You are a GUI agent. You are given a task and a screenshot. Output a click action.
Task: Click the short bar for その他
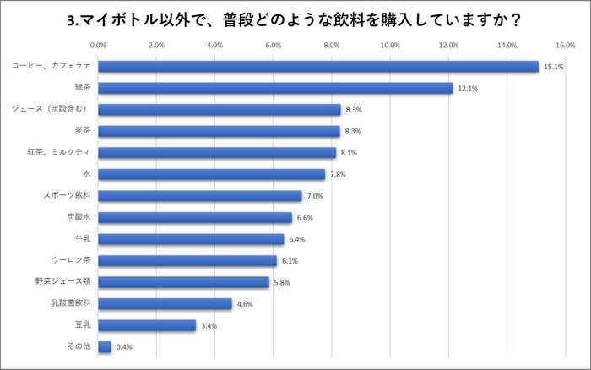(105, 346)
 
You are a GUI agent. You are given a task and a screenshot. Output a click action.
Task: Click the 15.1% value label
(552, 67)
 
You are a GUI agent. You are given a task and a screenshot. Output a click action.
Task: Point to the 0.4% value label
(124, 347)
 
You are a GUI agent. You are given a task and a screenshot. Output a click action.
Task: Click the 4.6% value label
(244, 304)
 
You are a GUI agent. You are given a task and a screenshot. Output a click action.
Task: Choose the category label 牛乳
(84, 238)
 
